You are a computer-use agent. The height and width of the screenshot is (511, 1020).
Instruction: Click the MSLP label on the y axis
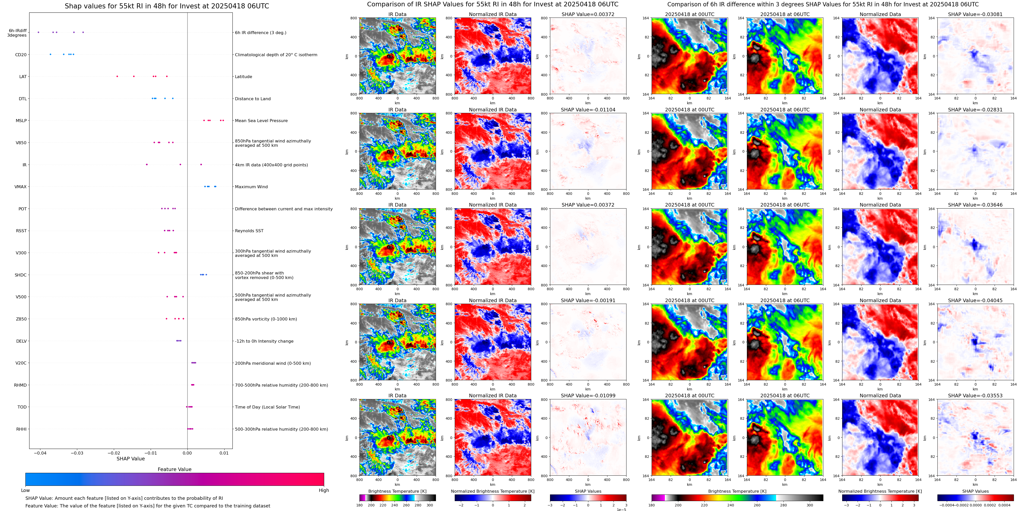coord(21,121)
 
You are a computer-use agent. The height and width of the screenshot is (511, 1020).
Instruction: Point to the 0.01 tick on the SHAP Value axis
coord(224,453)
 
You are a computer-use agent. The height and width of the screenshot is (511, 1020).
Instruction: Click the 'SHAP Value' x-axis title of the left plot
coord(131,459)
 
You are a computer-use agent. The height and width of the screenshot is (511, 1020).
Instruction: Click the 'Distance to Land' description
coord(253,99)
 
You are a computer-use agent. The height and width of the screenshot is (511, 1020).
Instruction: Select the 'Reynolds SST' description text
coord(249,231)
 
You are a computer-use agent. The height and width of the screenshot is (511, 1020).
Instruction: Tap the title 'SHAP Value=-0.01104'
coord(588,110)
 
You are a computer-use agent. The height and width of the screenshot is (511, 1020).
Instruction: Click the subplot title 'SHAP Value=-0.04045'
coord(975,300)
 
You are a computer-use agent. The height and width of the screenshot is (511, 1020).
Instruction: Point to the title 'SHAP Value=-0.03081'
coord(975,14)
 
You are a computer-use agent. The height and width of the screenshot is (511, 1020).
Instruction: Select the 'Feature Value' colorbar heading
coord(175,469)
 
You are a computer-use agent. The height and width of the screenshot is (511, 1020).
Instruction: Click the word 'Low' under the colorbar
coord(25,490)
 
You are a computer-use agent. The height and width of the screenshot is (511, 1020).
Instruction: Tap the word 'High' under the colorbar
coord(324,490)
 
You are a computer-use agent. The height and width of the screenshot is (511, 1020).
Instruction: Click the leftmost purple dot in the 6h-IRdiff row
coord(38,32)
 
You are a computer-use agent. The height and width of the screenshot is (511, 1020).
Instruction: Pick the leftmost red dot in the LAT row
coord(117,76)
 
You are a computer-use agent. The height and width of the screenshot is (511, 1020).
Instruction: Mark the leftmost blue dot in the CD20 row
coord(50,54)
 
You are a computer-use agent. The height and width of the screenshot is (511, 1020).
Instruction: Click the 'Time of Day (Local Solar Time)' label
coord(267,407)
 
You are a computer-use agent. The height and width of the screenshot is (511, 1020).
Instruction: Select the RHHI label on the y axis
coord(21,429)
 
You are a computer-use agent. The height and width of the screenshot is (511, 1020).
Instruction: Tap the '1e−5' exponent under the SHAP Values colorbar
coord(621,510)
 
